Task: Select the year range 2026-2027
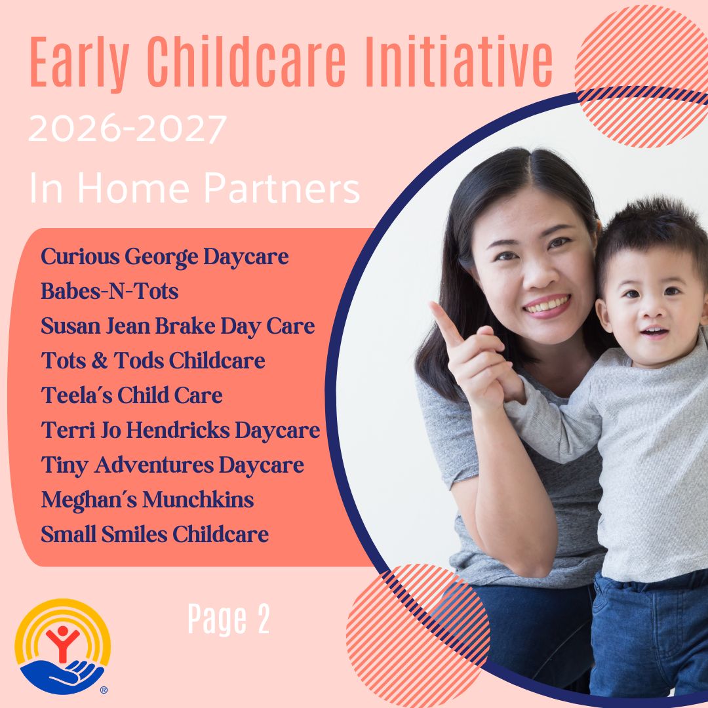click(127, 129)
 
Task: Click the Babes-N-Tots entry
click(109, 291)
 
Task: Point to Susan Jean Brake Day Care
click(178, 326)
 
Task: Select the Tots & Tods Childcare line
click(153, 361)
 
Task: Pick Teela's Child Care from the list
click(132, 395)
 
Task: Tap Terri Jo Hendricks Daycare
click(181, 430)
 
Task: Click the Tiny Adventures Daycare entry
click(172, 465)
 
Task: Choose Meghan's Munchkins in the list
click(147, 500)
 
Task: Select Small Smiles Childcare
click(155, 534)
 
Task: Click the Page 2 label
click(229, 619)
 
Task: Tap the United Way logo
click(63, 646)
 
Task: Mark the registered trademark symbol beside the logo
click(104, 690)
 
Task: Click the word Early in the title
click(79, 62)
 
